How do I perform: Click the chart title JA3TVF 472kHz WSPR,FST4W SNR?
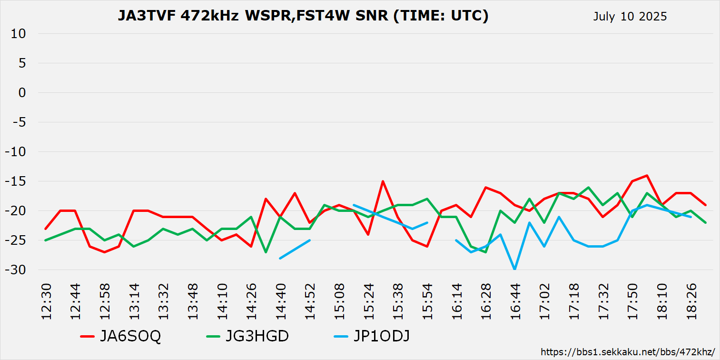click(x=303, y=16)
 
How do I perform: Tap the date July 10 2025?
click(x=630, y=17)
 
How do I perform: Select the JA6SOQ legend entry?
click(x=121, y=336)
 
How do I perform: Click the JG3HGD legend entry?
click(x=247, y=336)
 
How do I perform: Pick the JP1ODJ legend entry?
click(x=372, y=336)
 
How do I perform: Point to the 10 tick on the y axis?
click(x=20, y=34)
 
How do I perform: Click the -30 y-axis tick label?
click(x=17, y=270)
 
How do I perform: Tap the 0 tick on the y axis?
click(x=22, y=93)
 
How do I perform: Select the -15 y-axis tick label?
click(x=17, y=181)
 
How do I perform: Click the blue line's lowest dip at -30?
click(x=515, y=269)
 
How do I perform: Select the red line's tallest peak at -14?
click(x=647, y=175)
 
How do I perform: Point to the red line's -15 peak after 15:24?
click(x=383, y=181)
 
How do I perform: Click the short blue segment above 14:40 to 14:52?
click(x=295, y=249)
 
